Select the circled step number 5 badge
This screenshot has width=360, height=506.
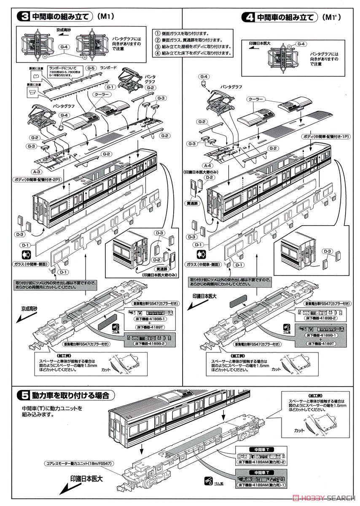[24, 395]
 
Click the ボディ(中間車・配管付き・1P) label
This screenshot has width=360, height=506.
[324, 137]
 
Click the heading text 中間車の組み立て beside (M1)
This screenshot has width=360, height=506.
[61, 17]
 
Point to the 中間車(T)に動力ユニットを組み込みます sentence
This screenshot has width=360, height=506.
[51, 412]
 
